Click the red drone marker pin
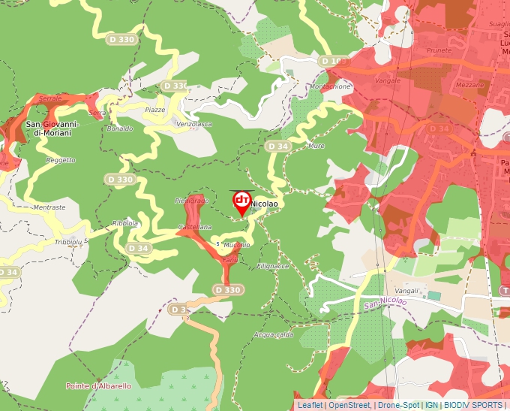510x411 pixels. click(x=241, y=201)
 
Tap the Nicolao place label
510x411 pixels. click(x=264, y=204)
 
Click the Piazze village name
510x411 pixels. click(x=154, y=110)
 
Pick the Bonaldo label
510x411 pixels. click(x=119, y=128)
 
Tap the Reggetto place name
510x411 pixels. click(x=61, y=160)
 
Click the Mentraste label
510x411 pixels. click(x=49, y=207)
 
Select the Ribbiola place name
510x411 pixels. click(x=125, y=223)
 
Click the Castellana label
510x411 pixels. click(x=194, y=227)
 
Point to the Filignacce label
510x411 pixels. click(x=272, y=266)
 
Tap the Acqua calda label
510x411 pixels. click(x=273, y=334)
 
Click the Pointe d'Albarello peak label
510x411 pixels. click(x=98, y=386)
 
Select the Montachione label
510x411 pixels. click(x=330, y=86)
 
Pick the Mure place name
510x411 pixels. click(x=316, y=146)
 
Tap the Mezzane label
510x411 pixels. click(x=470, y=86)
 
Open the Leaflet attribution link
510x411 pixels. click(x=310, y=405)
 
